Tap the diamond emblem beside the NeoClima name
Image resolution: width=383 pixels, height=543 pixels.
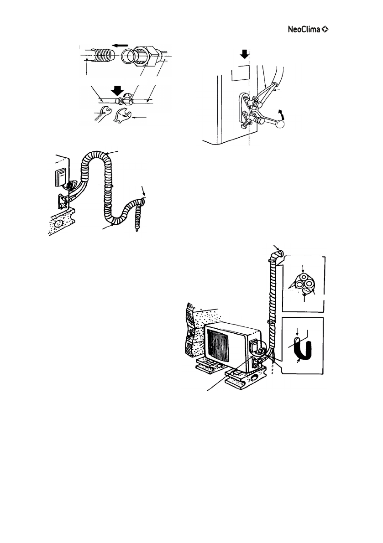(x=325, y=30)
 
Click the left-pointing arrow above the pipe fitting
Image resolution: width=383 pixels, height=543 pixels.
(x=121, y=45)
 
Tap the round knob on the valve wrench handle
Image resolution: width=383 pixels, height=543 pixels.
(x=281, y=124)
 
